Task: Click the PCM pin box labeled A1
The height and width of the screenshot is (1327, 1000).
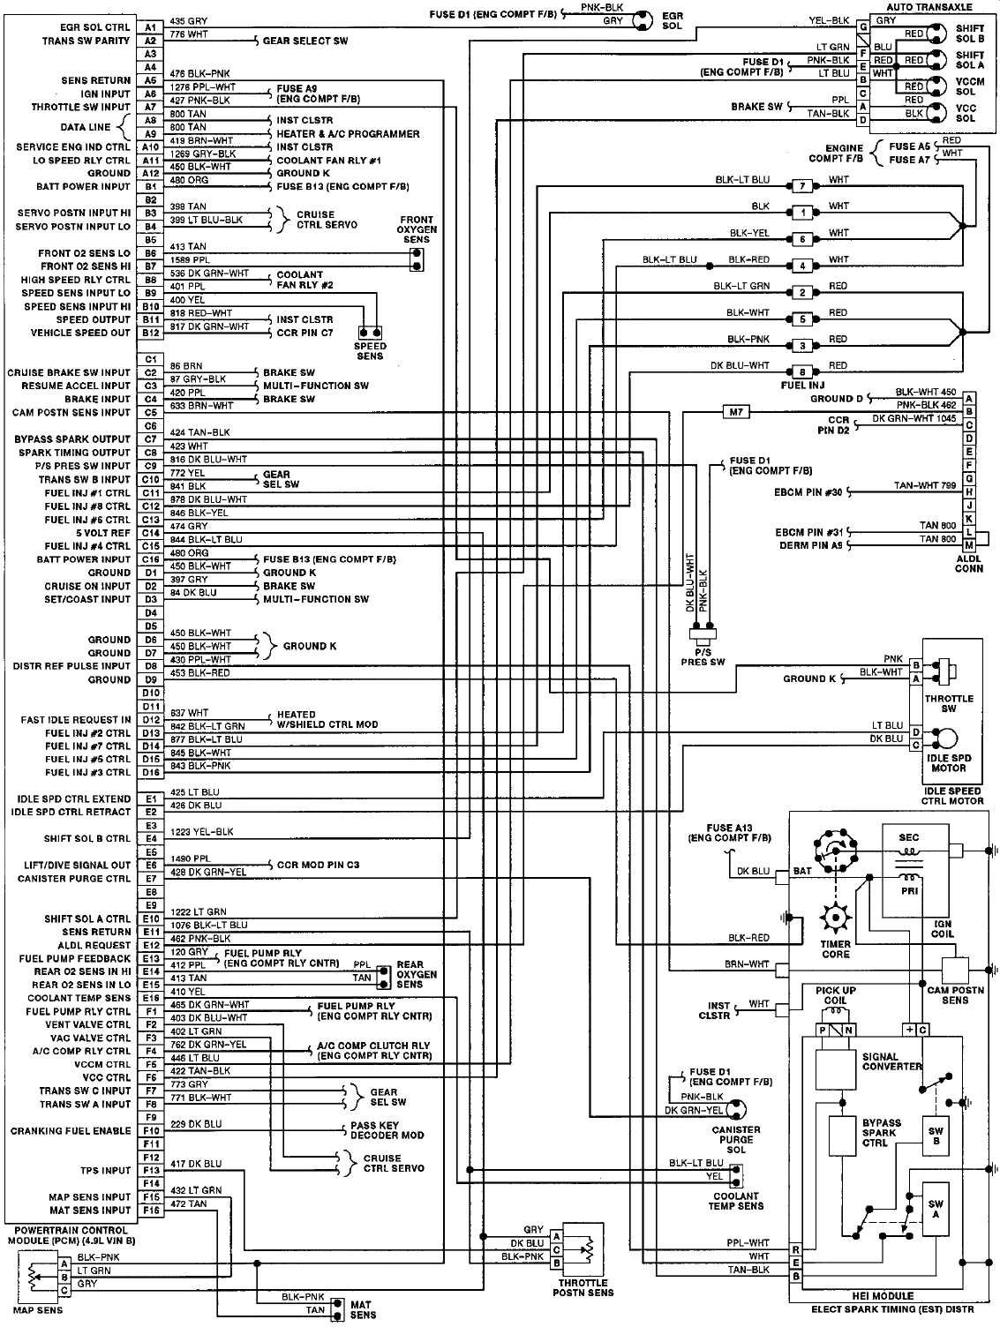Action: (151, 27)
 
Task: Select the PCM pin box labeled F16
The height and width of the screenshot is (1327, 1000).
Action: (151, 1210)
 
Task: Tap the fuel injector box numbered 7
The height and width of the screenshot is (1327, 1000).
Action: (802, 186)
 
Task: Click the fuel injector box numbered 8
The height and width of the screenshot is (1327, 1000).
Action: (802, 371)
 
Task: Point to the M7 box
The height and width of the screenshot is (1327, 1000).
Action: (735, 412)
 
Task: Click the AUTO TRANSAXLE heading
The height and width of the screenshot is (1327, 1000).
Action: (929, 7)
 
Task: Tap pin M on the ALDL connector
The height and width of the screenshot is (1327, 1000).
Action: (968, 545)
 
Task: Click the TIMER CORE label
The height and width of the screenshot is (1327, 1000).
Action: (835, 948)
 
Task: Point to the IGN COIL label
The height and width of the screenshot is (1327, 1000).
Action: (942, 929)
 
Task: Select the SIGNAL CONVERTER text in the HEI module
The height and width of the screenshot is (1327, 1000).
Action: (891, 1061)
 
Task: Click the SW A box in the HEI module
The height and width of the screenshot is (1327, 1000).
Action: (935, 1209)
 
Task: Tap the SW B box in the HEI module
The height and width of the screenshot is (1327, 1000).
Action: (935, 1136)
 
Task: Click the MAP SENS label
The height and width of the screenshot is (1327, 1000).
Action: (39, 1310)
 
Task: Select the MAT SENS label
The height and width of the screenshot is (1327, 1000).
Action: (362, 1309)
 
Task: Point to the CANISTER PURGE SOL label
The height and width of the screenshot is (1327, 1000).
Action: (735, 1139)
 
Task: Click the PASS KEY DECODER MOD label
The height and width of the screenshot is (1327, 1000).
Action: (387, 1130)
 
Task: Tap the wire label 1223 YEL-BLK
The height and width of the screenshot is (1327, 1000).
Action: (201, 832)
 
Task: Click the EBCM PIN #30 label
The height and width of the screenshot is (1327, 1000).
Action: (808, 492)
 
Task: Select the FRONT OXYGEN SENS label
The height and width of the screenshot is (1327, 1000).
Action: (416, 229)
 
